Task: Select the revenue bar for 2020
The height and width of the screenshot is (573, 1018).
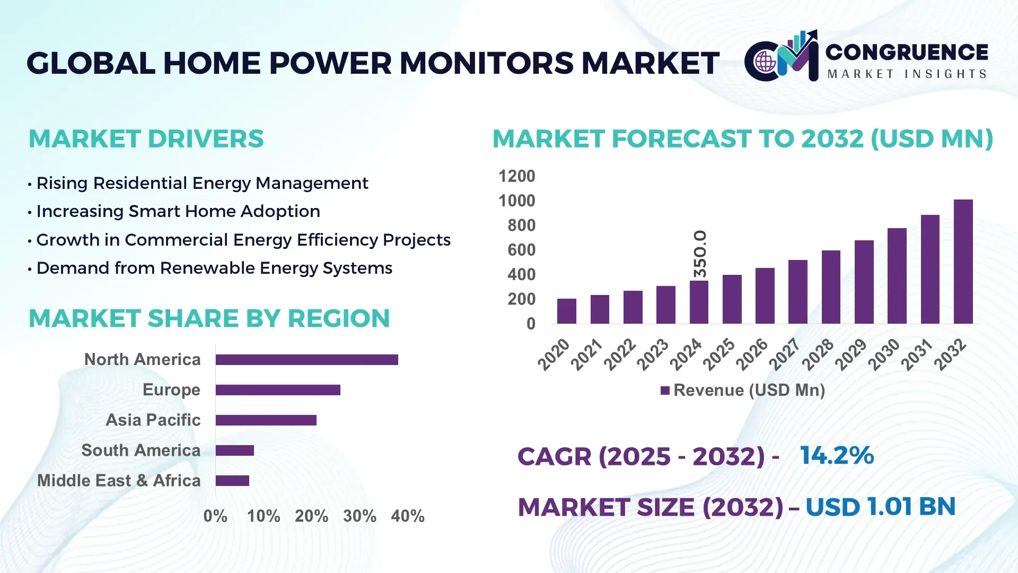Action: (x=566, y=311)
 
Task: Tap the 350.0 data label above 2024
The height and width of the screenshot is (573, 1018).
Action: (x=700, y=254)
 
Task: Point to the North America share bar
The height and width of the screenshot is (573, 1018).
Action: (x=306, y=360)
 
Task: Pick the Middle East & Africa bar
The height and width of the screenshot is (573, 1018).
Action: (x=232, y=481)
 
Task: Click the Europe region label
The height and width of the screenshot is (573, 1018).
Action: (x=171, y=389)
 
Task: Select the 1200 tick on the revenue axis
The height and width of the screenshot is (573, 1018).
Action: (x=516, y=176)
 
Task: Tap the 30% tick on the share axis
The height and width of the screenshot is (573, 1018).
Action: (x=359, y=516)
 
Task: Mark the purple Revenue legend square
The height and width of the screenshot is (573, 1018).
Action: (x=665, y=390)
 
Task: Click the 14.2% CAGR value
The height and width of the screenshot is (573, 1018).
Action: (x=837, y=455)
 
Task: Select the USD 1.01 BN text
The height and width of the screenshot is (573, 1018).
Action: (x=880, y=507)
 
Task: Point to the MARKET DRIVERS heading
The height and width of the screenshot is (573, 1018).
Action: (x=146, y=139)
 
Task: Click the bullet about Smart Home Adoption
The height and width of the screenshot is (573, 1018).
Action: (x=178, y=211)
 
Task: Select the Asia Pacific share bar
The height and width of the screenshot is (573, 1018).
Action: (x=266, y=420)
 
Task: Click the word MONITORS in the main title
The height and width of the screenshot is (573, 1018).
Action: (x=486, y=63)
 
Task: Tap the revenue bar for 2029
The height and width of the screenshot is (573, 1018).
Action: (x=864, y=282)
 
